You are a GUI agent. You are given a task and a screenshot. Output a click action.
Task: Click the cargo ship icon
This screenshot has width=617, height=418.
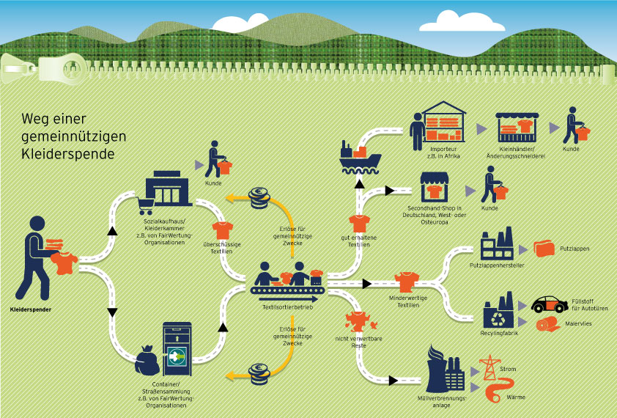pos(359,155)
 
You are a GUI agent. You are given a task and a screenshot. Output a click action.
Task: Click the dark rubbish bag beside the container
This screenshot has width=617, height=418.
pos(146,361)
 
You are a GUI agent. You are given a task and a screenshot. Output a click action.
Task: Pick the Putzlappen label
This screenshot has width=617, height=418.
pos(576,249)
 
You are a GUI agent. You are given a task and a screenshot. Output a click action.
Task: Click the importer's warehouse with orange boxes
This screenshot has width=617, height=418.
pos(444,122)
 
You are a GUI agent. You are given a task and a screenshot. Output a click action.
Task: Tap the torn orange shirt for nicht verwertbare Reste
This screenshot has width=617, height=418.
pos(358,320)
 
